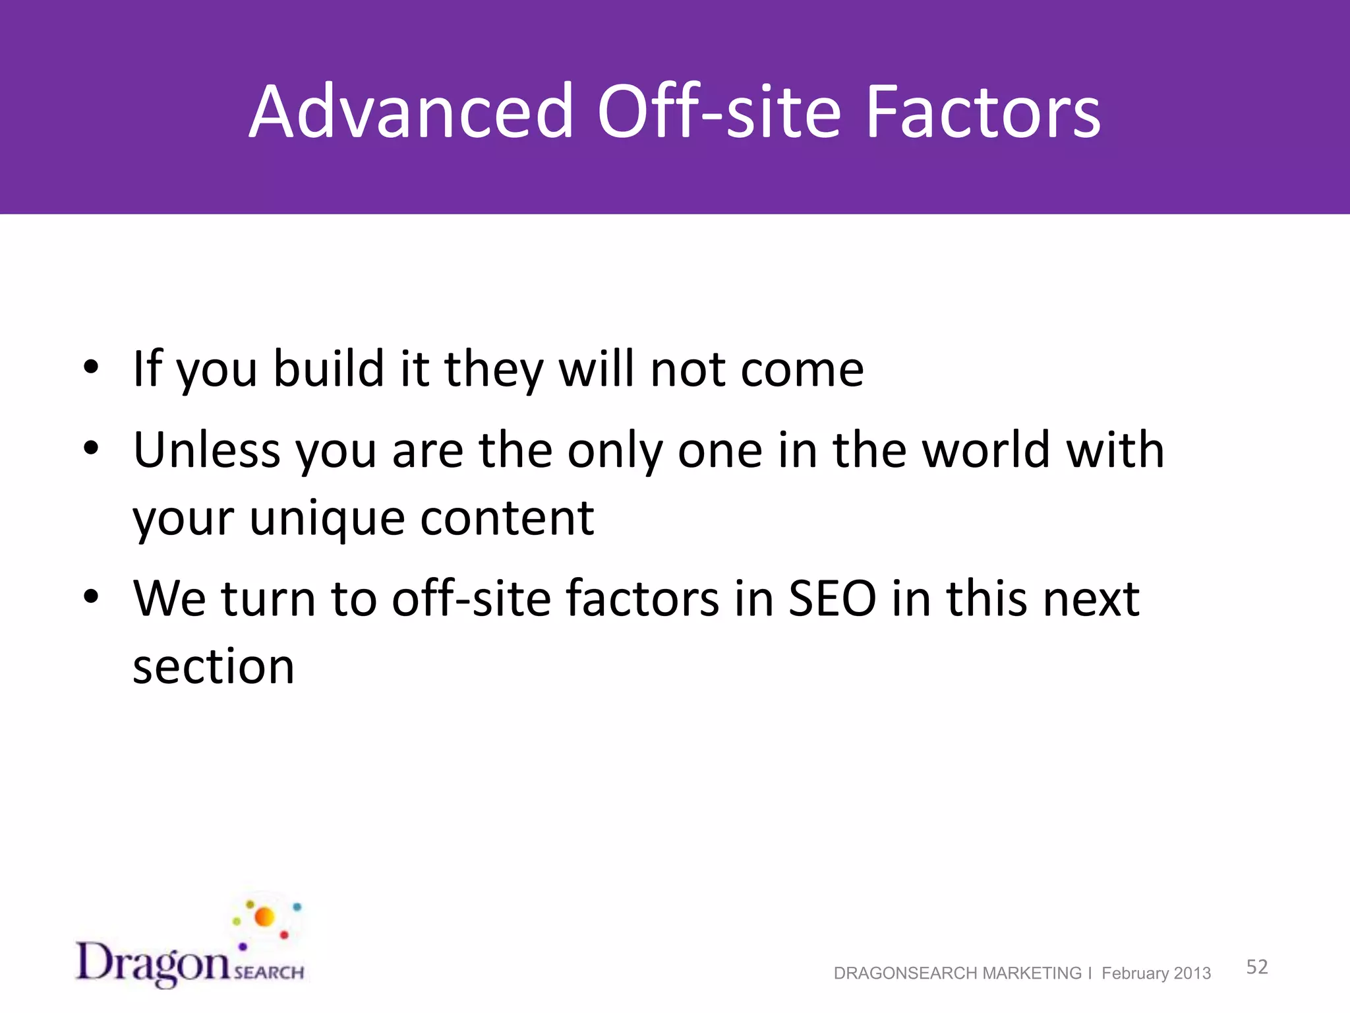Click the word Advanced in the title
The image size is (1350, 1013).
411,112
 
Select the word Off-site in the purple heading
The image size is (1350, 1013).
719,112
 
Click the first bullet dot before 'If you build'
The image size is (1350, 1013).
91,367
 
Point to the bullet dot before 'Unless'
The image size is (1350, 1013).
91,448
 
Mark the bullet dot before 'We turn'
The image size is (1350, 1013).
91,597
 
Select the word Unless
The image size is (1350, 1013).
207,450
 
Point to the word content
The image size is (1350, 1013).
507,518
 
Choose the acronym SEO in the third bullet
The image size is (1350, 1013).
832,599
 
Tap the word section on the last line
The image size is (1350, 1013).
214,667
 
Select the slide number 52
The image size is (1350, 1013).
1256,967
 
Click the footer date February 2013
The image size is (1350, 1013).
1156,973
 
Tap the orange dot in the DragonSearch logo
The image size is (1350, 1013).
264,917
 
